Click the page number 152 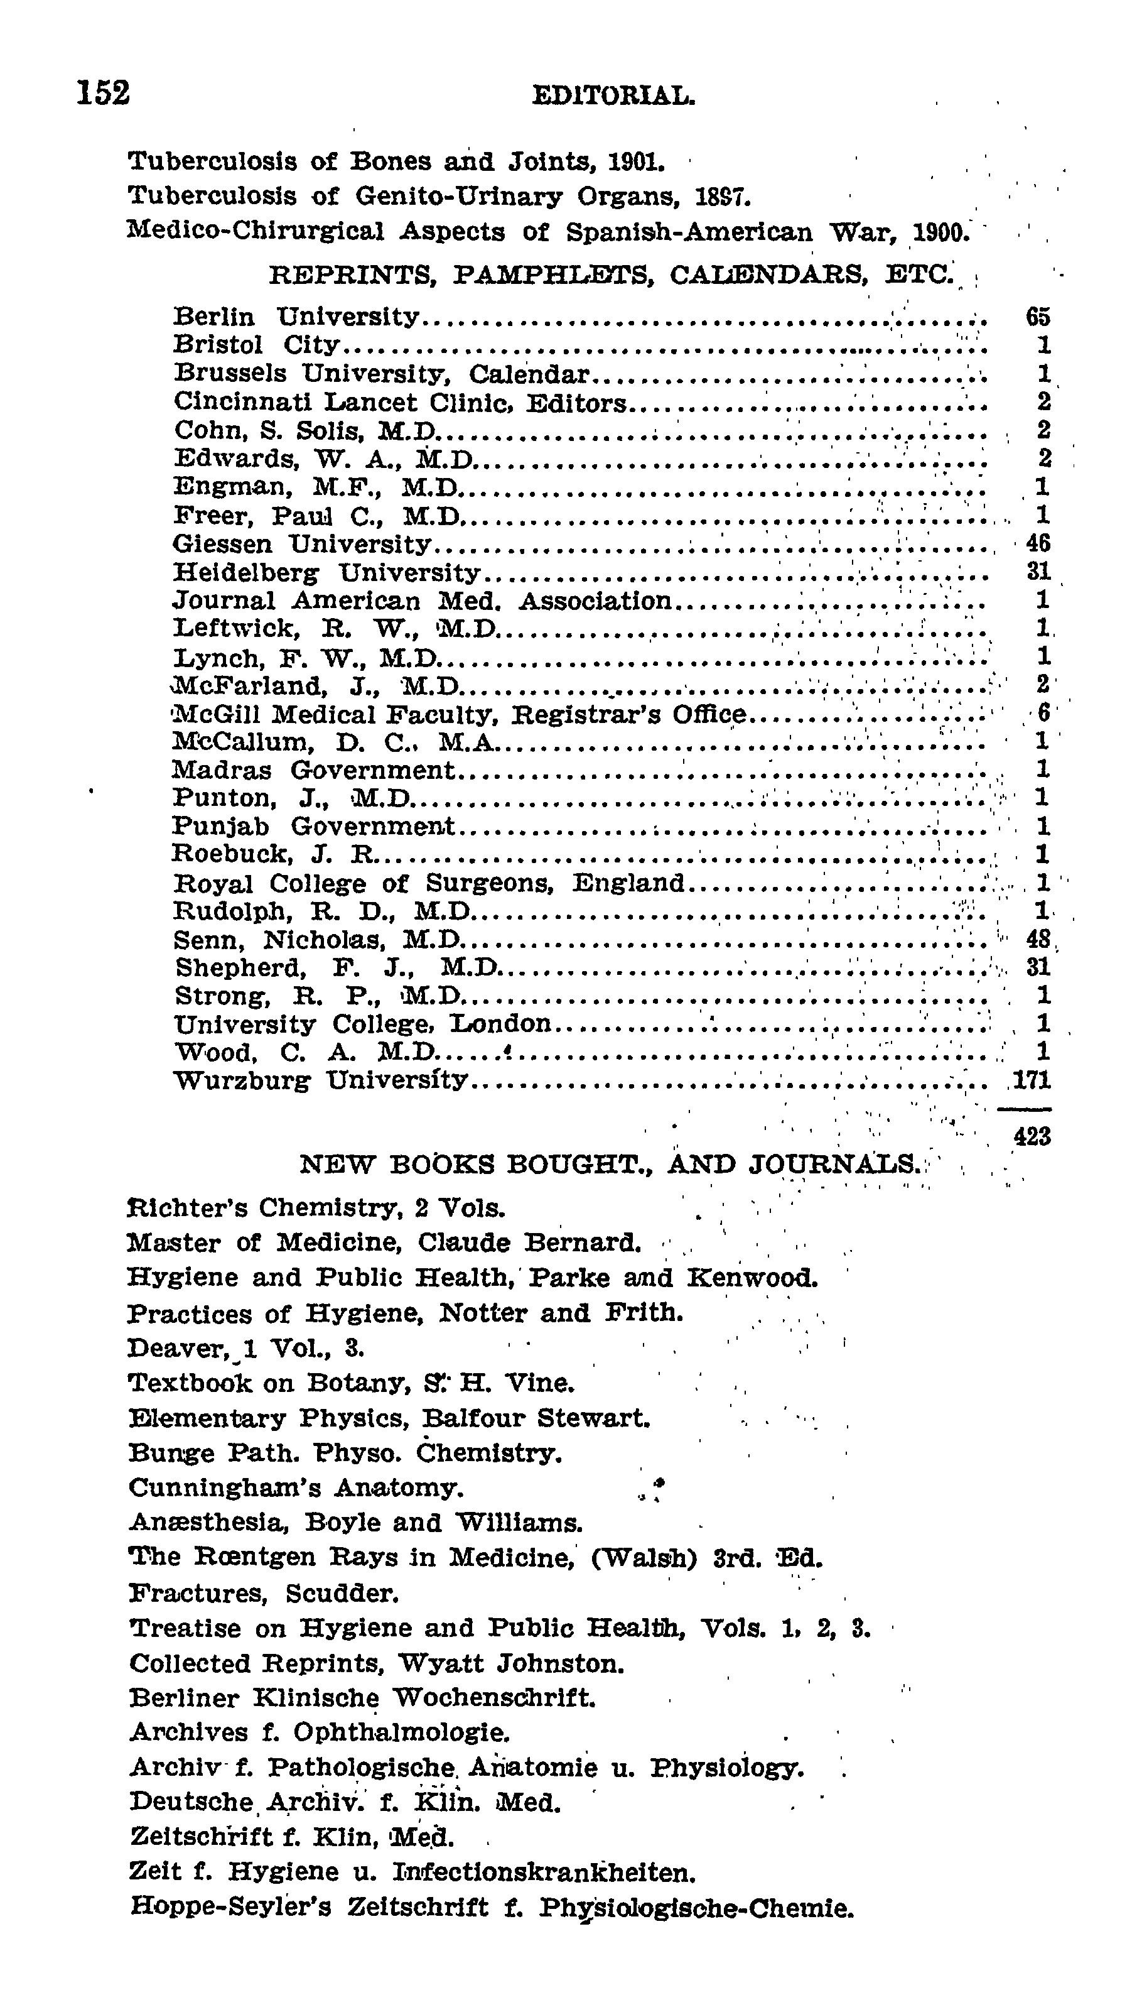103,92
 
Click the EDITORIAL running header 613,96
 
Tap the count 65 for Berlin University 1038,317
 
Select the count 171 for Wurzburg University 1032,1080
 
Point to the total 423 1032,1136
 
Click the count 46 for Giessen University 1038,543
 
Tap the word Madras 222,770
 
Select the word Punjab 221,827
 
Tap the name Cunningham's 225,1487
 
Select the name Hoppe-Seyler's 231,1908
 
